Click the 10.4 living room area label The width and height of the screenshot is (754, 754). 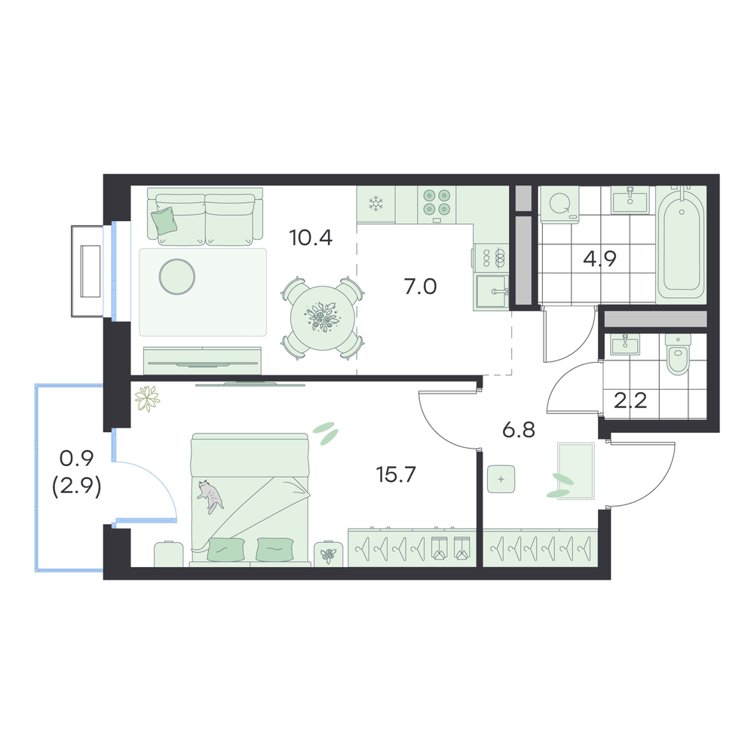(311, 238)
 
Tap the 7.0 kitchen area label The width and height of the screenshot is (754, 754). (420, 287)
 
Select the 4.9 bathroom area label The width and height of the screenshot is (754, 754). (599, 259)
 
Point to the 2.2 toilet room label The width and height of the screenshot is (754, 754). (630, 400)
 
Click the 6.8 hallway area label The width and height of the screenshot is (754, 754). (519, 430)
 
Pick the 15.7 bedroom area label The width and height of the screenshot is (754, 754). (396, 474)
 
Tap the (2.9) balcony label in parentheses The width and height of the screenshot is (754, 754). (76, 489)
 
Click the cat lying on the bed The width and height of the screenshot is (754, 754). (210, 496)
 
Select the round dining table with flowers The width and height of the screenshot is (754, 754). (323, 318)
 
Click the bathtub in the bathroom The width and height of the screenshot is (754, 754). (682, 245)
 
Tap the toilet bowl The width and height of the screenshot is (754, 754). (678, 354)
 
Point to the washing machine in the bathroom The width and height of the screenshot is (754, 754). (559, 204)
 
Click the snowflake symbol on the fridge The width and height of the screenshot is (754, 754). (375, 204)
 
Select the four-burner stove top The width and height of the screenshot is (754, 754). (437, 202)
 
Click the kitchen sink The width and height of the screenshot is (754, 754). (492, 291)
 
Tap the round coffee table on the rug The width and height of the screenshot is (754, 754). (177, 277)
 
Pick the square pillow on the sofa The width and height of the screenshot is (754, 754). (164, 221)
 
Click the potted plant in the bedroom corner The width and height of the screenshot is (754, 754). (147, 399)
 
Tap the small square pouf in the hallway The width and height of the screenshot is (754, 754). (501, 479)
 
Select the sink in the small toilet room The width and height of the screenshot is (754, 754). (625, 346)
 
